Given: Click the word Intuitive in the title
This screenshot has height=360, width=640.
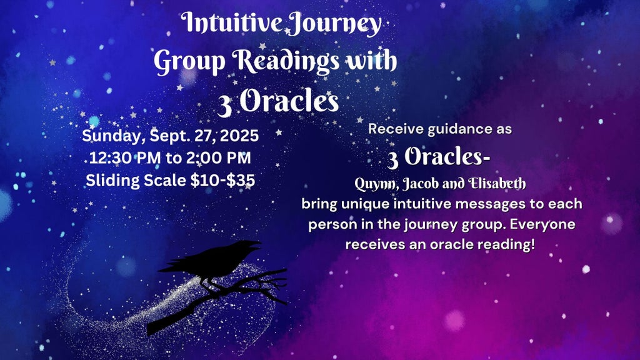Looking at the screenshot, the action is pos(231,22).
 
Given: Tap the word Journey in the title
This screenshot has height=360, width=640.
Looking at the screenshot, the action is pos(333,24).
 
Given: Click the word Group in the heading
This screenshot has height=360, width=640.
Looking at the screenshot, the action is pos(189,62).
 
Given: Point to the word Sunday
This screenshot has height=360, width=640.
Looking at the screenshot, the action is pos(114,136).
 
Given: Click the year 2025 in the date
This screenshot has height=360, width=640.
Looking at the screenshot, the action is pos(239,136).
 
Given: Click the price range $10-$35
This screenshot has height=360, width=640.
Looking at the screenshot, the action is pos(222,180).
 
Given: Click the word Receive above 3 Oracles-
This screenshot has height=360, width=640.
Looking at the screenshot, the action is pos(396,129).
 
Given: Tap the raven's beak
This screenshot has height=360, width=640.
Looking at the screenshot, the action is pos(254,244).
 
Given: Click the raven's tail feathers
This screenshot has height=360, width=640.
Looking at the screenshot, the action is pos(174,267).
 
